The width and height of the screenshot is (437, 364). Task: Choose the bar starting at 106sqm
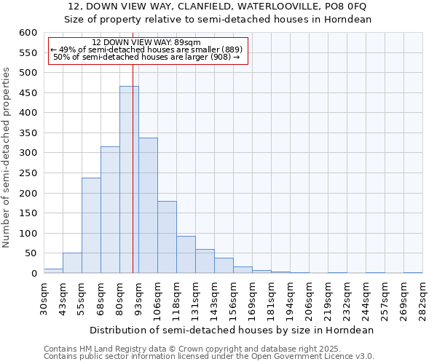(167, 237)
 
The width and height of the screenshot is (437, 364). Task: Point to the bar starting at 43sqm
(72, 264)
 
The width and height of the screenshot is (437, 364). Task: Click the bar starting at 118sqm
(186, 255)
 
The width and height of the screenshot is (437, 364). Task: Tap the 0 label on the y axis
(34, 274)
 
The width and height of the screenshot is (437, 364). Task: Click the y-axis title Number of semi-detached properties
(7, 157)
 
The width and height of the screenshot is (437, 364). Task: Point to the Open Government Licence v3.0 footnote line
(209, 357)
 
